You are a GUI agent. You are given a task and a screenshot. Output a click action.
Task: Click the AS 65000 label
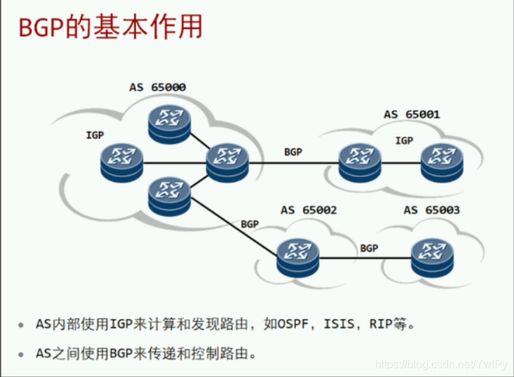(x=158, y=87)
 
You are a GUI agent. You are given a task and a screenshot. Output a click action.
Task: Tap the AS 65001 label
(x=412, y=115)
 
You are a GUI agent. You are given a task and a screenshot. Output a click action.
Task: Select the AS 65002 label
(x=308, y=210)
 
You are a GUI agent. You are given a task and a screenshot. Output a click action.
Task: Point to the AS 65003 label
(x=431, y=210)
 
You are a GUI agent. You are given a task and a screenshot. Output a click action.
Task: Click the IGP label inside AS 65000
(x=94, y=135)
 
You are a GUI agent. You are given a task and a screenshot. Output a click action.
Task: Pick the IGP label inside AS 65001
(x=404, y=141)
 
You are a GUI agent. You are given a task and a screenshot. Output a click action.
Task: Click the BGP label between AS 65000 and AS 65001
(x=293, y=152)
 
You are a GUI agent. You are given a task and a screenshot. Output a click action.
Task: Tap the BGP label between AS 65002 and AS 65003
(x=369, y=248)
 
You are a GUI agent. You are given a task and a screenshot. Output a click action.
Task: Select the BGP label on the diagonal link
(x=249, y=224)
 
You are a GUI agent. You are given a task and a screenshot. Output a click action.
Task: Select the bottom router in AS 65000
(x=169, y=195)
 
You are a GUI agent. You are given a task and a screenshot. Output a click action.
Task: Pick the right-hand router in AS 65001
(x=441, y=162)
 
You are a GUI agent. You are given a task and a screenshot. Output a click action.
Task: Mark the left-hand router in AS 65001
(x=360, y=162)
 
